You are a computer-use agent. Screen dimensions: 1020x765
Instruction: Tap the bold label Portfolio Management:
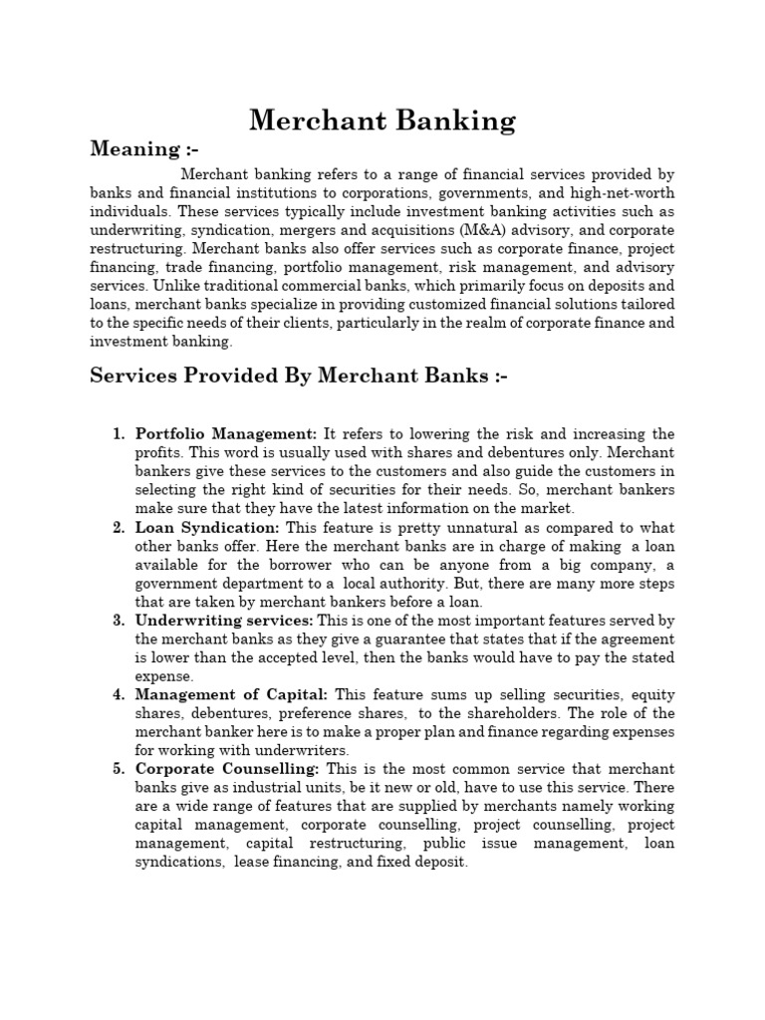(226, 434)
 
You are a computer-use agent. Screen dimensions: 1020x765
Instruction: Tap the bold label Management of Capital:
(231, 695)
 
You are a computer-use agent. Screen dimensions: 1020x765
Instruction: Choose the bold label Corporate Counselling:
(227, 770)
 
